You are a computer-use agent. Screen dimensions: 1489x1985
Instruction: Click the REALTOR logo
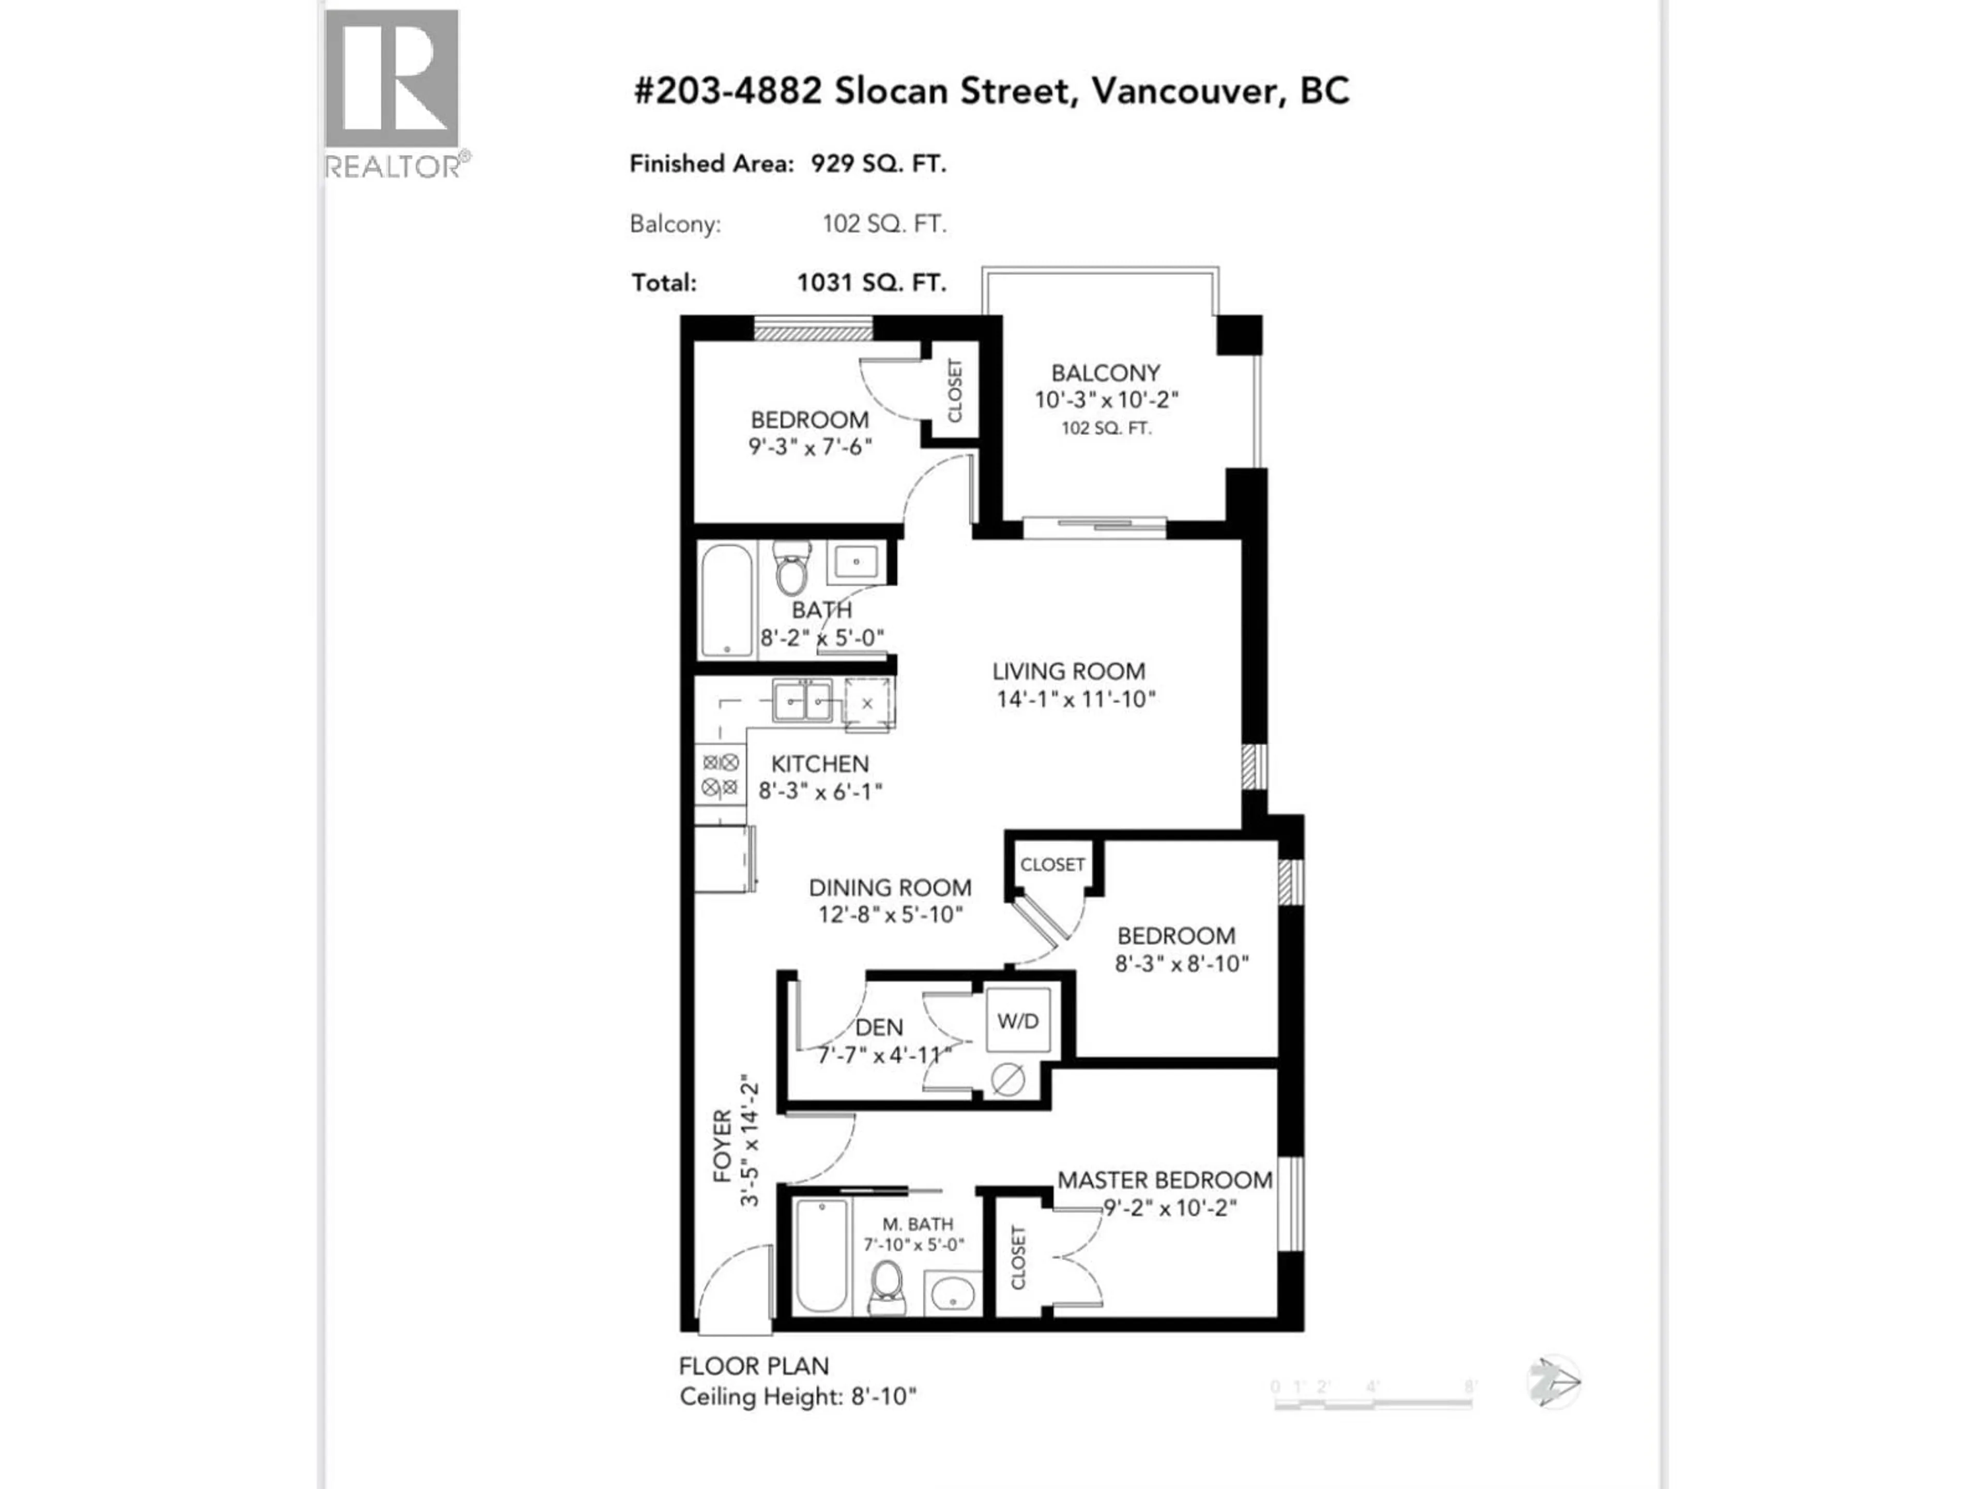pos(392,93)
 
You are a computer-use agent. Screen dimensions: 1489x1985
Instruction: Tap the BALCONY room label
pos(1106,372)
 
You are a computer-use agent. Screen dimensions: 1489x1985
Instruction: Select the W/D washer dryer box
pos(1018,1021)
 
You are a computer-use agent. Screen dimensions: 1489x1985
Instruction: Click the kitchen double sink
pos(803,700)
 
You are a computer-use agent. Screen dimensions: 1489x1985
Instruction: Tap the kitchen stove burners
pos(721,776)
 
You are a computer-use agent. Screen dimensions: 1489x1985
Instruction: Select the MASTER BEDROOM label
pos(1164,1180)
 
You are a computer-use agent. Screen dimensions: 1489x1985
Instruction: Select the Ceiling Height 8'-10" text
pos(797,1397)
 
